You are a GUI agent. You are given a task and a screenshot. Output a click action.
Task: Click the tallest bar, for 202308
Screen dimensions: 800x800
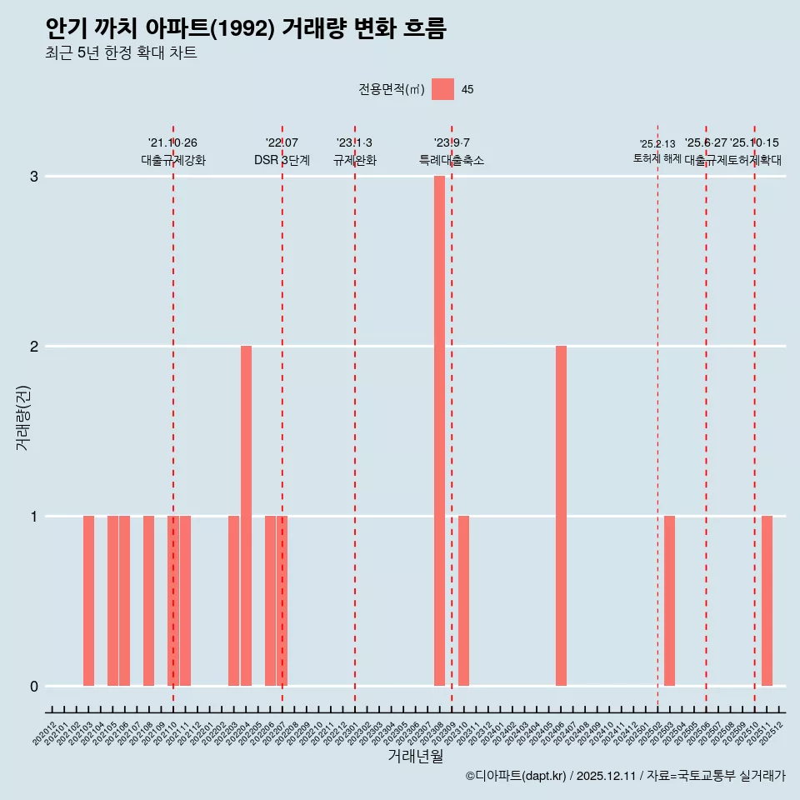pyautogui.click(x=439, y=431)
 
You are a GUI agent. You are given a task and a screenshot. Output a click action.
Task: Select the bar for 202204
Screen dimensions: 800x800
pyautogui.click(x=246, y=516)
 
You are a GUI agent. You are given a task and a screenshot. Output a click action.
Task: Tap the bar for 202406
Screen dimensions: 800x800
pyautogui.click(x=561, y=516)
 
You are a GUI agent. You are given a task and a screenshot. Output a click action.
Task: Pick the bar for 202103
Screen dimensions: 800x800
pyautogui.click(x=88, y=601)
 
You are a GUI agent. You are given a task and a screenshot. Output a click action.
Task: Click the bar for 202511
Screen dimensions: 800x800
pyautogui.click(x=767, y=601)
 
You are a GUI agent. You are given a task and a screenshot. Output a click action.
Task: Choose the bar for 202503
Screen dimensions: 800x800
pyautogui.click(x=669, y=601)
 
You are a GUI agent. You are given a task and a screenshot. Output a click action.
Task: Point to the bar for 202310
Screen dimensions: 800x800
pyautogui.click(x=463, y=601)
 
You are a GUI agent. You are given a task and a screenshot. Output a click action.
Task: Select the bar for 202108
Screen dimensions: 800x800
pyautogui.click(x=148, y=601)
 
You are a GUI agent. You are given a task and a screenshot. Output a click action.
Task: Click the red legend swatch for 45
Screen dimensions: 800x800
pyautogui.click(x=442, y=89)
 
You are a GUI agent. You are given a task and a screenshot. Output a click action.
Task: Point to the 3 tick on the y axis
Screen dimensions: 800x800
pyautogui.click(x=34, y=177)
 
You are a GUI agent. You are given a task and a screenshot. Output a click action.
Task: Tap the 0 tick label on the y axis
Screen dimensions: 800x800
pyautogui.click(x=34, y=686)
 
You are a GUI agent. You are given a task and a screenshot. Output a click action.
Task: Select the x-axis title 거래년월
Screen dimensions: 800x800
pyautogui.click(x=415, y=757)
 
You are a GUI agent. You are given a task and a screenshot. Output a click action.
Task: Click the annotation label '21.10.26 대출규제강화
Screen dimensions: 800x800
pyautogui.click(x=172, y=152)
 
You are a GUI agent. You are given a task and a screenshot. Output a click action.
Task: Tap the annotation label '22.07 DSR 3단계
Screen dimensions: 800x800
pyautogui.click(x=282, y=152)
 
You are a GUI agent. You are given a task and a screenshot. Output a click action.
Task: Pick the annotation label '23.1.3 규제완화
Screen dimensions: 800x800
pyautogui.click(x=355, y=152)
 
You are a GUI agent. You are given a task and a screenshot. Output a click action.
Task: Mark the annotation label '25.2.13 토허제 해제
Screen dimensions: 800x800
pyautogui.click(x=657, y=151)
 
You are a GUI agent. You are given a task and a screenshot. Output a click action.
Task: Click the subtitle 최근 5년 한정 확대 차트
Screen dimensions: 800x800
pyautogui.click(x=122, y=54)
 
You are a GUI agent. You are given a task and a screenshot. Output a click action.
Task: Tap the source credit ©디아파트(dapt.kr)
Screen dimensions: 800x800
pyautogui.click(x=517, y=776)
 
